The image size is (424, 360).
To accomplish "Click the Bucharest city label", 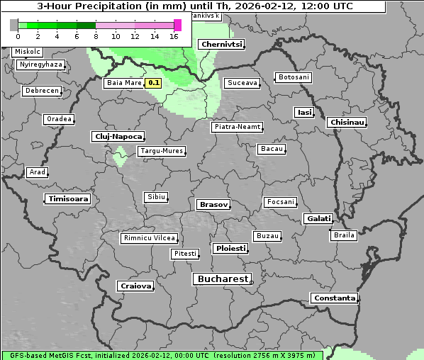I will [223, 279].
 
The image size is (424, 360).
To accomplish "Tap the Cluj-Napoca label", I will [118, 136].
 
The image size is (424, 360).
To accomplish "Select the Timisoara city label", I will [69, 199].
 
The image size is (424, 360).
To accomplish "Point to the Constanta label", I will [335, 298].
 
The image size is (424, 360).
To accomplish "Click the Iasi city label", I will [304, 113].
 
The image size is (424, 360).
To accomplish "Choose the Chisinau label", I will [347, 123].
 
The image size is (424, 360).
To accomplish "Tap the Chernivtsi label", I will [222, 45].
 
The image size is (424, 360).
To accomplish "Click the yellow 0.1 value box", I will [154, 84].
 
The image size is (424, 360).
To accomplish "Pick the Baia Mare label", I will [124, 83].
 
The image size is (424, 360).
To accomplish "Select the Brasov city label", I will [213, 205].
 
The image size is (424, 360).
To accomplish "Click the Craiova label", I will [136, 286].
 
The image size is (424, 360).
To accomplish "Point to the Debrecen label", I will [41, 91].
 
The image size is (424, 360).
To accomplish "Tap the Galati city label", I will [318, 219].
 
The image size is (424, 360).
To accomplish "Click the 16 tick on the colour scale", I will [174, 36].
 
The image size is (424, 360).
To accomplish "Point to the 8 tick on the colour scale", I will [96, 36].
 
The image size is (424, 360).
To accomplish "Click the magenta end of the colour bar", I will [177, 25].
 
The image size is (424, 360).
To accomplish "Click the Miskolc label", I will [28, 52].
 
